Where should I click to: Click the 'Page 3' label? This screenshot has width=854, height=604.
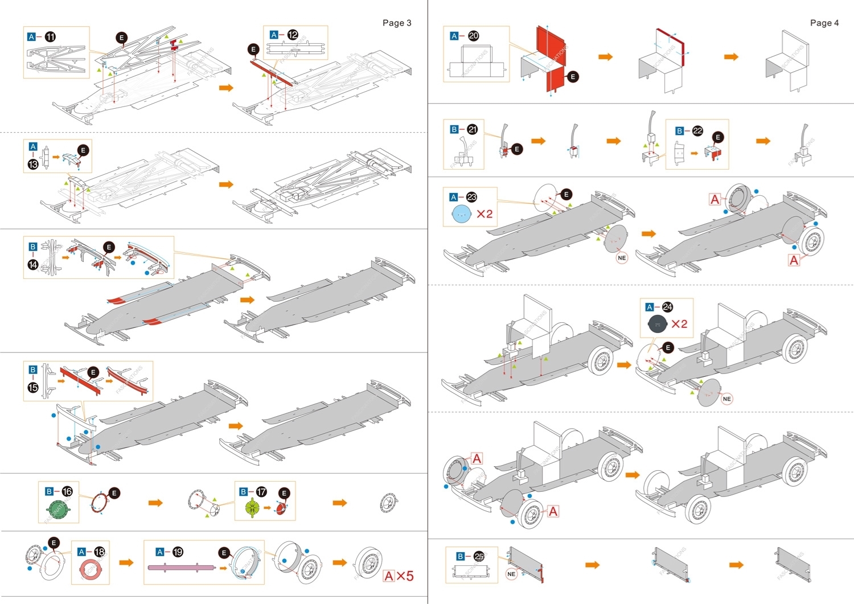click(396, 23)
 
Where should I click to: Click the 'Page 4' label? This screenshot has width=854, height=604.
click(824, 23)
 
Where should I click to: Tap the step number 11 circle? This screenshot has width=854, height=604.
click(50, 37)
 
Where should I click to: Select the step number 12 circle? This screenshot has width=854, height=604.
click(293, 35)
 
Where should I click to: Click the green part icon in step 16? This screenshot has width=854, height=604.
click(58, 509)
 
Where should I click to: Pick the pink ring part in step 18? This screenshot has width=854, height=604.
click(90, 570)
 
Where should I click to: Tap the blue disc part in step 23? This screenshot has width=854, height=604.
click(461, 214)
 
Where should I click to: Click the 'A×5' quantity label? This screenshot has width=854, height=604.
click(399, 576)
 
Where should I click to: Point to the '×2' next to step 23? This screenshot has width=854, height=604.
click(485, 214)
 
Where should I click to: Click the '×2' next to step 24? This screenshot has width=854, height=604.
click(679, 324)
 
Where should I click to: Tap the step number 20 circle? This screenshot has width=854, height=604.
click(473, 36)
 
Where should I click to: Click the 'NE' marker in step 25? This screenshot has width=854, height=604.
click(511, 574)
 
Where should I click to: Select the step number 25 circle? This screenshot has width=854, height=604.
click(479, 556)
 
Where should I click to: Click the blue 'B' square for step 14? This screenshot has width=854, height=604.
click(33, 246)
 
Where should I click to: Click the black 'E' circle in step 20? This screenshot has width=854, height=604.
click(573, 77)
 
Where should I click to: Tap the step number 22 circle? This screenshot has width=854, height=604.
click(697, 131)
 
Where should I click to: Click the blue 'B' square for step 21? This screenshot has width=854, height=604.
click(454, 130)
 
